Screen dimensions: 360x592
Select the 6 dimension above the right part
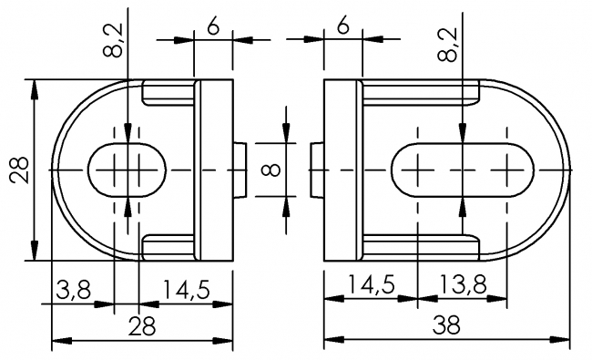342,27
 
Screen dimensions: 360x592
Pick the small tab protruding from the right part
314,170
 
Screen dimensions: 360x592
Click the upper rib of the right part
421,91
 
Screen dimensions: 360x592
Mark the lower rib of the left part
169,245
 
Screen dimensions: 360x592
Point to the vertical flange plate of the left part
215,170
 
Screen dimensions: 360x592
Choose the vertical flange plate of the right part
342,170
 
